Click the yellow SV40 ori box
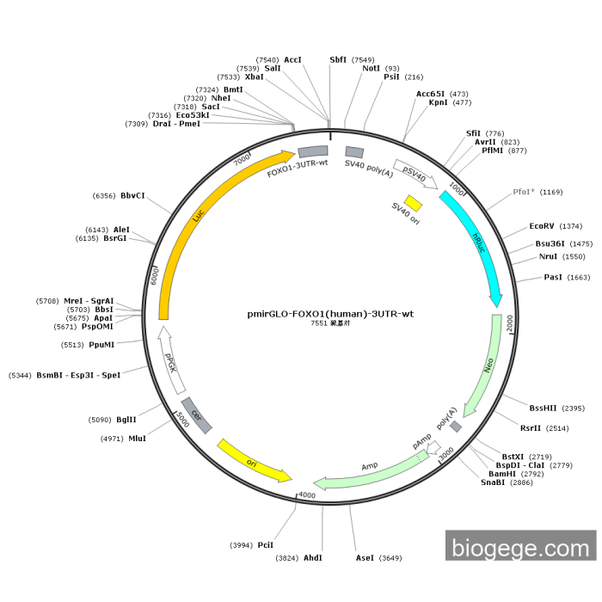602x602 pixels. (x=413, y=203)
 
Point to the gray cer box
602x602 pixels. (x=197, y=415)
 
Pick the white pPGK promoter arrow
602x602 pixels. (x=171, y=360)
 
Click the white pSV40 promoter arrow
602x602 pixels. (x=415, y=174)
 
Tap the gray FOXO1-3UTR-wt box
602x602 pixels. (x=313, y=151)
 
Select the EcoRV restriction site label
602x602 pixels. (x=542, y=225)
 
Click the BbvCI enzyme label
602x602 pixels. (x=132, y=195)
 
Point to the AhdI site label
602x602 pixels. (x=312, y=557)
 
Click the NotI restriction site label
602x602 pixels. (x=372, y=68)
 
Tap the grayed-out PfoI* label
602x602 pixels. (x=524, y=192)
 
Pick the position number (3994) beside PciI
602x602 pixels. (x=241, y=545)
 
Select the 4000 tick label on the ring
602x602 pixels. (x=307, y=495)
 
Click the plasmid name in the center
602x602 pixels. (x=330, y=314)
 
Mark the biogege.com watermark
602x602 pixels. (x=520, y=546)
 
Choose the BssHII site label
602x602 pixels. (x=543, y=408)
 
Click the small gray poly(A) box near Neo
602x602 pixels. (x=456, y=427)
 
